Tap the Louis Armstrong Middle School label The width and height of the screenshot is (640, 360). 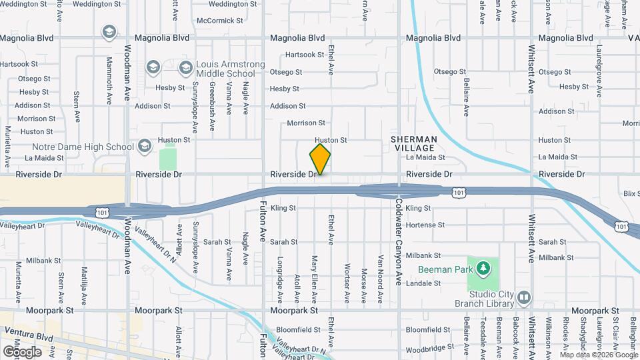click(225, 69)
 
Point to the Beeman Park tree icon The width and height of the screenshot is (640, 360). click(483, 269)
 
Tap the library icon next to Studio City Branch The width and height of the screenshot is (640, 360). click(524, 297)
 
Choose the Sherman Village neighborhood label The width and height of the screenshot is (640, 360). click(414, 143)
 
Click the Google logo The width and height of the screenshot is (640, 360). click(22, 351)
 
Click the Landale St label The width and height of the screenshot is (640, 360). click(423, 283)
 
